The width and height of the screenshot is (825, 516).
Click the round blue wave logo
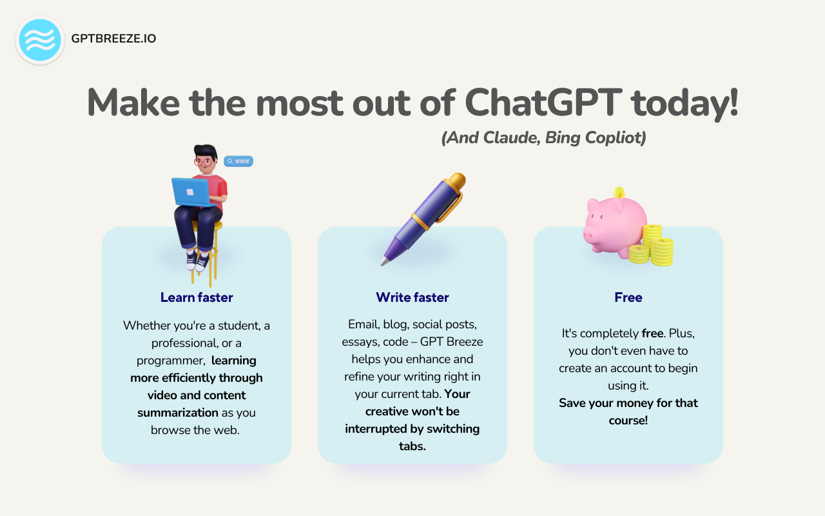[40, 40]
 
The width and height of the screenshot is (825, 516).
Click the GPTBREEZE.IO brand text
[113, 39]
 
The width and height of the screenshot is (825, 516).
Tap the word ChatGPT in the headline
[543, 102]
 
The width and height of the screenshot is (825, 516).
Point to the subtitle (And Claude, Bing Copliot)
[543, 138]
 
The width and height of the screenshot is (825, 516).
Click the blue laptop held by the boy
[190, 192]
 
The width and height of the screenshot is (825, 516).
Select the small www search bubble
[238, 161]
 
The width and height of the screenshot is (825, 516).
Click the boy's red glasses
[204, 161]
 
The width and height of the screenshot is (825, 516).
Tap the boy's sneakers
[197, 261]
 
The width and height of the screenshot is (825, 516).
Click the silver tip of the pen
[385, 261]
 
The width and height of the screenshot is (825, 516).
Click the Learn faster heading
[197, 297]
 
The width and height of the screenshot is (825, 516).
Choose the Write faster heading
[412, 297]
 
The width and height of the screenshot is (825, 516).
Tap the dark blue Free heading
[628, 297]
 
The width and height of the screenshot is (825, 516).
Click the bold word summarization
[178, 412]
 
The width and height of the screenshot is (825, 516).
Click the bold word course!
[628, 420]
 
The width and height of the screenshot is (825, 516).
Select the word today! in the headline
[685, 102]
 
